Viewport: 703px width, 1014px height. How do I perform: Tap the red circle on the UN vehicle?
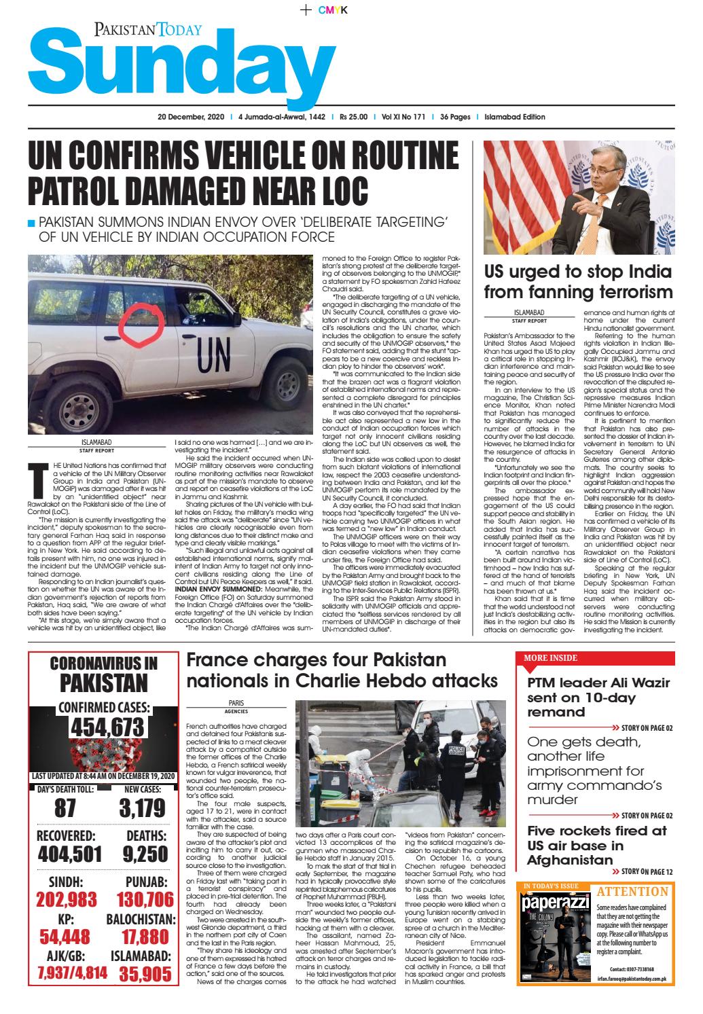[x=142, y=320]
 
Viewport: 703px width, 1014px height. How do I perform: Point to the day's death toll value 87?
[x=65, y=808]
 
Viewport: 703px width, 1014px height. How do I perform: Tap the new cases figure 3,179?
[x=142, y=808]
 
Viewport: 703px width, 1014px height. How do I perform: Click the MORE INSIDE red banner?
[x=550, y=658]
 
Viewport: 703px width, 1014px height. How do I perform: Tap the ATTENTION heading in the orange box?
[x=632, y=892]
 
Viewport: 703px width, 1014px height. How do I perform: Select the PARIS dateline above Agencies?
[x=236, y=703]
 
